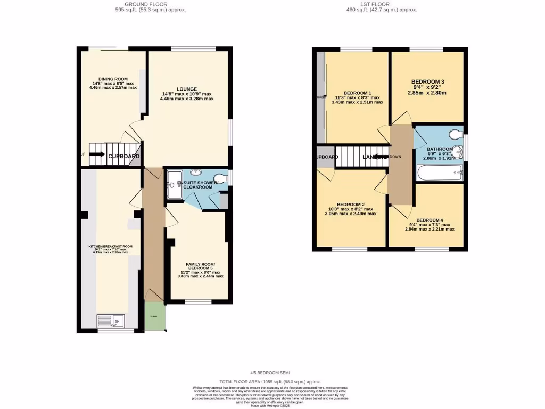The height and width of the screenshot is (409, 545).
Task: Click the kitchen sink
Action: coord(111,321)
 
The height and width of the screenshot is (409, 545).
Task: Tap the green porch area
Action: coord(155,316)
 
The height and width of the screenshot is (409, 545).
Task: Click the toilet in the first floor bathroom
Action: coord(456,134)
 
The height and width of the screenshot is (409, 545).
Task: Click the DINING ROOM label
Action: coord(113,79)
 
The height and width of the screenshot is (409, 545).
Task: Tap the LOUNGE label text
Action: coord(187,89)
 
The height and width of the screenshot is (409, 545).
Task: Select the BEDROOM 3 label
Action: coord(427,81)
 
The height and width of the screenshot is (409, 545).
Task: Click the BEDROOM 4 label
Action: coord(430,220)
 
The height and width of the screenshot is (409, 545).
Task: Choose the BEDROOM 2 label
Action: coord(350,204)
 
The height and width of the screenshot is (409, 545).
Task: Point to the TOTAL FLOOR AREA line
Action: coord(271,382)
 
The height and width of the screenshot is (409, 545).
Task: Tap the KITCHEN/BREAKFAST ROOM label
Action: coord(111,247)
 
